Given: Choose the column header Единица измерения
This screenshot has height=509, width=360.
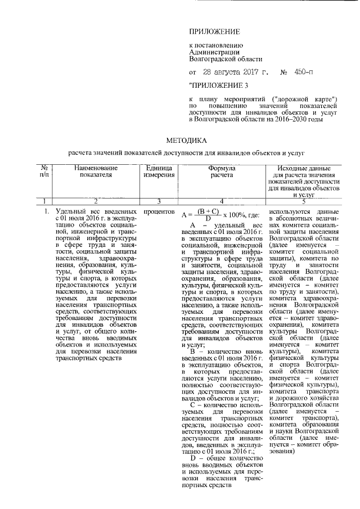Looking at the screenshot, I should click(154, 171).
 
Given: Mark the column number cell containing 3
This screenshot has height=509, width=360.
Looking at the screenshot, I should click(154, 200).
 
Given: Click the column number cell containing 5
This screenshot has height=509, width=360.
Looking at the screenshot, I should click(303, 200).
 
